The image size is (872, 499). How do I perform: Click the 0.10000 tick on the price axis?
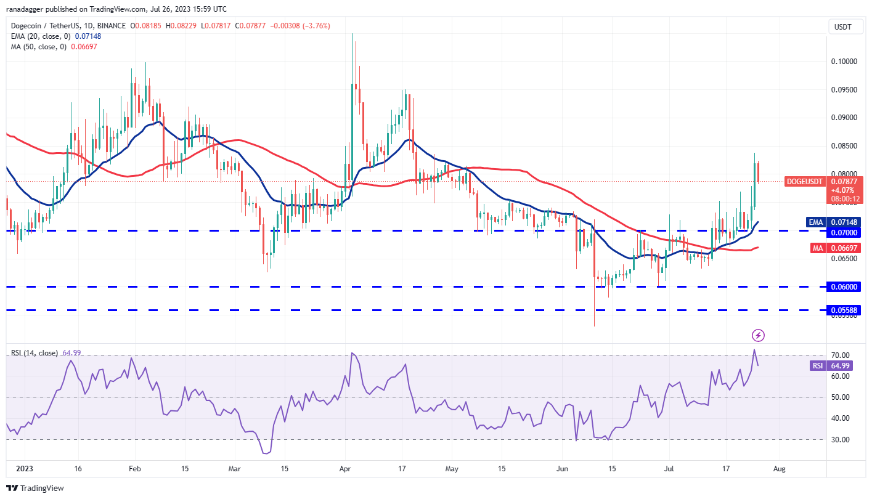(842, 62)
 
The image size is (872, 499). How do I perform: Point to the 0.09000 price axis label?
(842, 118)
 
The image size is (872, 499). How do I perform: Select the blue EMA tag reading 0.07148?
(842, 222)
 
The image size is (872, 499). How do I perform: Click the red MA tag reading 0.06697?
(842, 248)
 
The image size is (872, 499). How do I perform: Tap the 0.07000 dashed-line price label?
(842, 233)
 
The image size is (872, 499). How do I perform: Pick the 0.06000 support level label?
(842, 286)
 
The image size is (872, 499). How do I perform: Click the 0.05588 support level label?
(842, 310)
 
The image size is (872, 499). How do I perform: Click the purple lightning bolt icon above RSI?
(759, 335)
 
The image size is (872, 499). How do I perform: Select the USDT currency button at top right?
(842, 26)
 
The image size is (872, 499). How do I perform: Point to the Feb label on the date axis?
(133, 469)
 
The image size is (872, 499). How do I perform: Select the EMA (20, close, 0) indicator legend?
(38, 36)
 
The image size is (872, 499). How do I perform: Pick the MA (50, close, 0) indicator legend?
(36, 47)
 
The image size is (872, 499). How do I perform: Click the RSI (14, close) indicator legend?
(34, 353)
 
